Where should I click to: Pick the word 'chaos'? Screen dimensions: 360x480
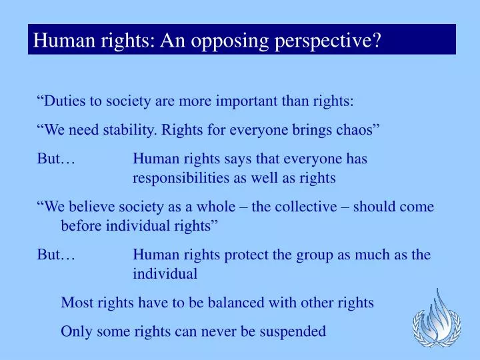(x=360, y=130)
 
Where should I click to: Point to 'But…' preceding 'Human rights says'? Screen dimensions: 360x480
(x=55, y=159)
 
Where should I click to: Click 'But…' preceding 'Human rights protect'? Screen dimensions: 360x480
(x=55, y=255)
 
